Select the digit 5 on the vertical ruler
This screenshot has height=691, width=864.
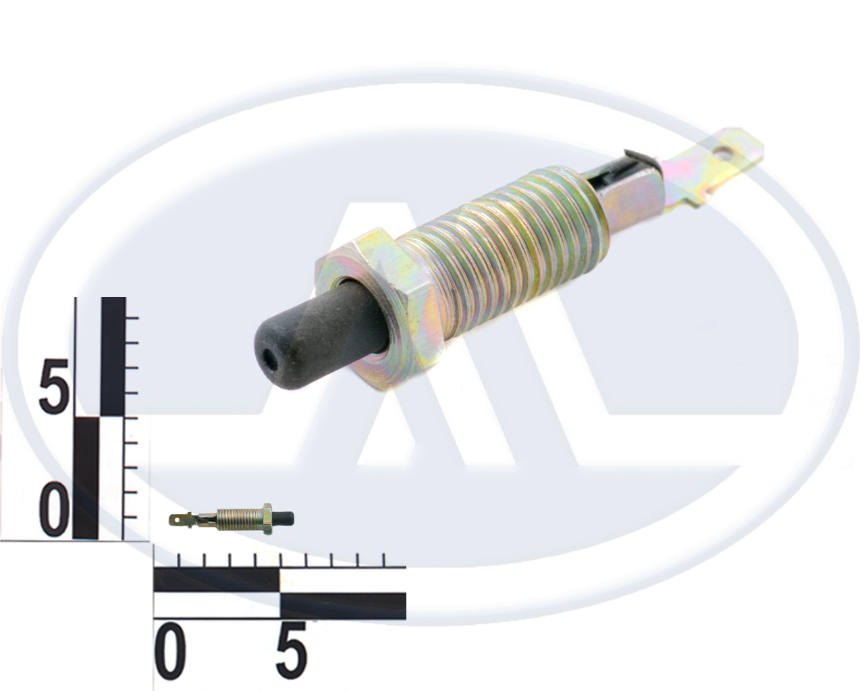click(53, 382)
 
